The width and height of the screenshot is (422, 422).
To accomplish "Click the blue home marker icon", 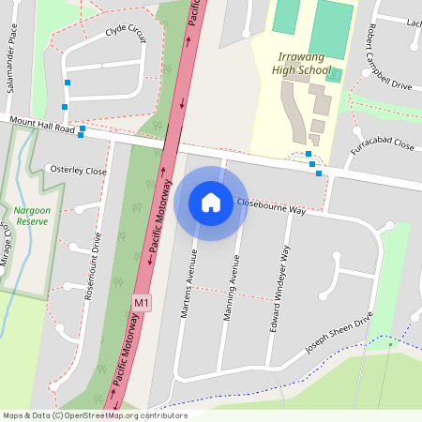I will [211, 203].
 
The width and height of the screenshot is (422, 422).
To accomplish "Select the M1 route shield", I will [141, 304].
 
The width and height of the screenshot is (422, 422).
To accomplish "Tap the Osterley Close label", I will [76, 171].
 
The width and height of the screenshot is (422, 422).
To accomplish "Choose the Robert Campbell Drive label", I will [389, 57].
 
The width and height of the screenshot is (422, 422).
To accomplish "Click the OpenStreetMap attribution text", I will [94, 415].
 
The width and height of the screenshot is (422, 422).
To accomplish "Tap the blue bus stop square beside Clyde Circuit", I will [67, 83].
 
